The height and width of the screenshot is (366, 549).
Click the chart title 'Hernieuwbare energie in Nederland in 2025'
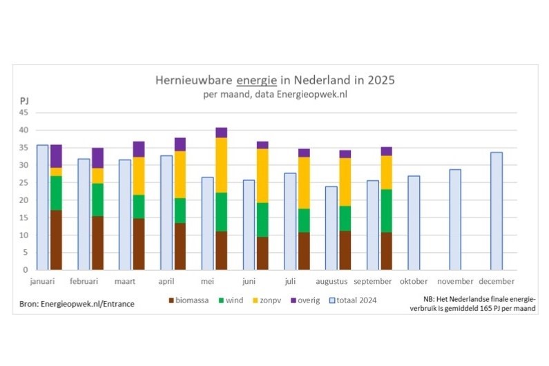275,80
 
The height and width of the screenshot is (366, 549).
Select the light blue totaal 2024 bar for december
496,211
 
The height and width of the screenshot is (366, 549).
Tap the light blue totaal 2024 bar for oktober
414,222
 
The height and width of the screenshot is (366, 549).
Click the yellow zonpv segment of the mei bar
221,164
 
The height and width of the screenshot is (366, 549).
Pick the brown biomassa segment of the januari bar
56,240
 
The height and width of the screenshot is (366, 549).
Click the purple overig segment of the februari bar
97,157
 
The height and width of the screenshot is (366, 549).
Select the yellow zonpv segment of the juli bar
304,182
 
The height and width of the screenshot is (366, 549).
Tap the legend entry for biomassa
190,301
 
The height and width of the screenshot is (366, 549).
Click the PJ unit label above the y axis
24,101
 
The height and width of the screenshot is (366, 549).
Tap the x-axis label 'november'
455,282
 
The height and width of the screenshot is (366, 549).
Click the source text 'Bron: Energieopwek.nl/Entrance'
77,303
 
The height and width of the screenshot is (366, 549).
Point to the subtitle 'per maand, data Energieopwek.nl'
274,94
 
